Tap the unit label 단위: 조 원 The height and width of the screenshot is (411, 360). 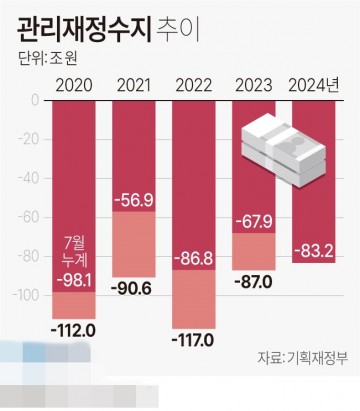coord(49,58)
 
